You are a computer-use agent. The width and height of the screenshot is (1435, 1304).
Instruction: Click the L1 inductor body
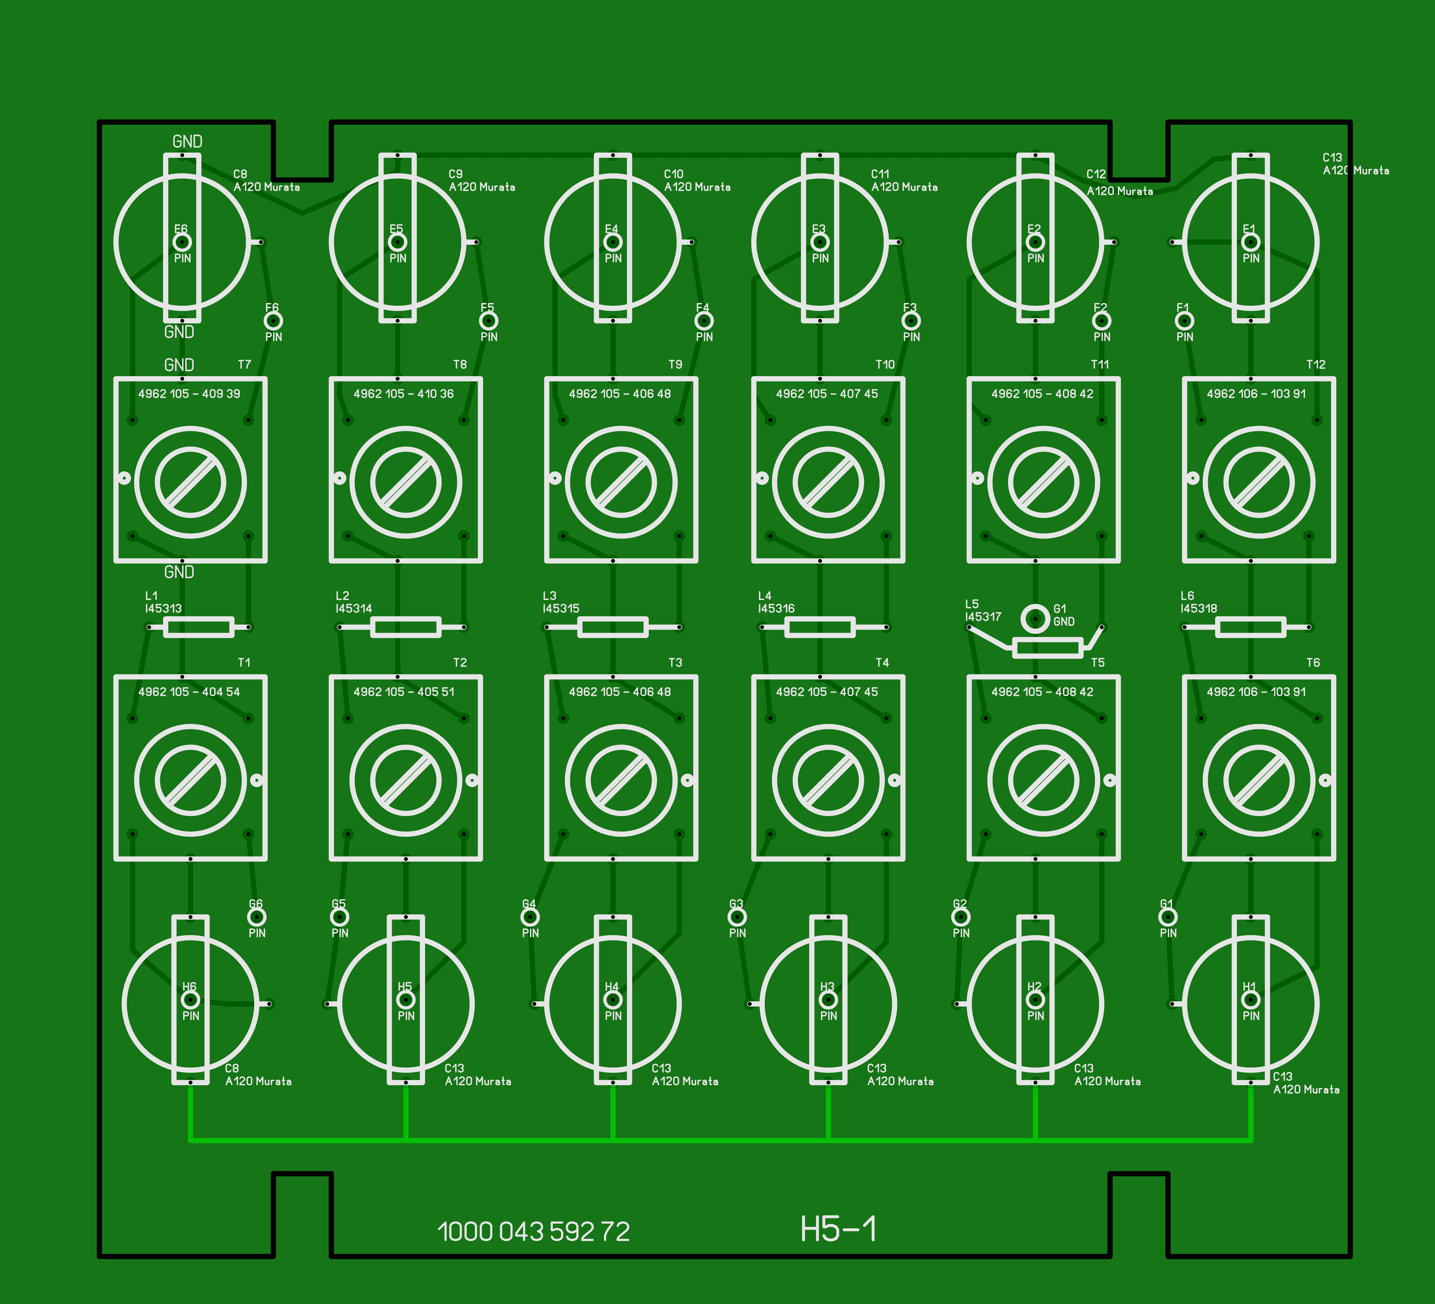[199, 627]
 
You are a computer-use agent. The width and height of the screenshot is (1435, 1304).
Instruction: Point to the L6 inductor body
[1251, 627]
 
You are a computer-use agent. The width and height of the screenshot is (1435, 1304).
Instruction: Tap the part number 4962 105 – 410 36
[404, 393]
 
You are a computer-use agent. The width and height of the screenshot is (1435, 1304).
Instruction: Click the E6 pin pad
[182, 242]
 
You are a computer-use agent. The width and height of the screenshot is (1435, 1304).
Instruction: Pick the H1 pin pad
[1251, 999]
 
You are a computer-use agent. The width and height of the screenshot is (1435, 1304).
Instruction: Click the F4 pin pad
[703, 321]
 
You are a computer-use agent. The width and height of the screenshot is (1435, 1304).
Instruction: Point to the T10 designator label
[885, 364]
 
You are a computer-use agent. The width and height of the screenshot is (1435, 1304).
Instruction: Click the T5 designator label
[1098, 662]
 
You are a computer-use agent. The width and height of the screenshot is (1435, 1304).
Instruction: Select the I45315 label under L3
[561, 608]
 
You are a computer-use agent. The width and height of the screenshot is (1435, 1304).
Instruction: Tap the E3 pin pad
[820, 242]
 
